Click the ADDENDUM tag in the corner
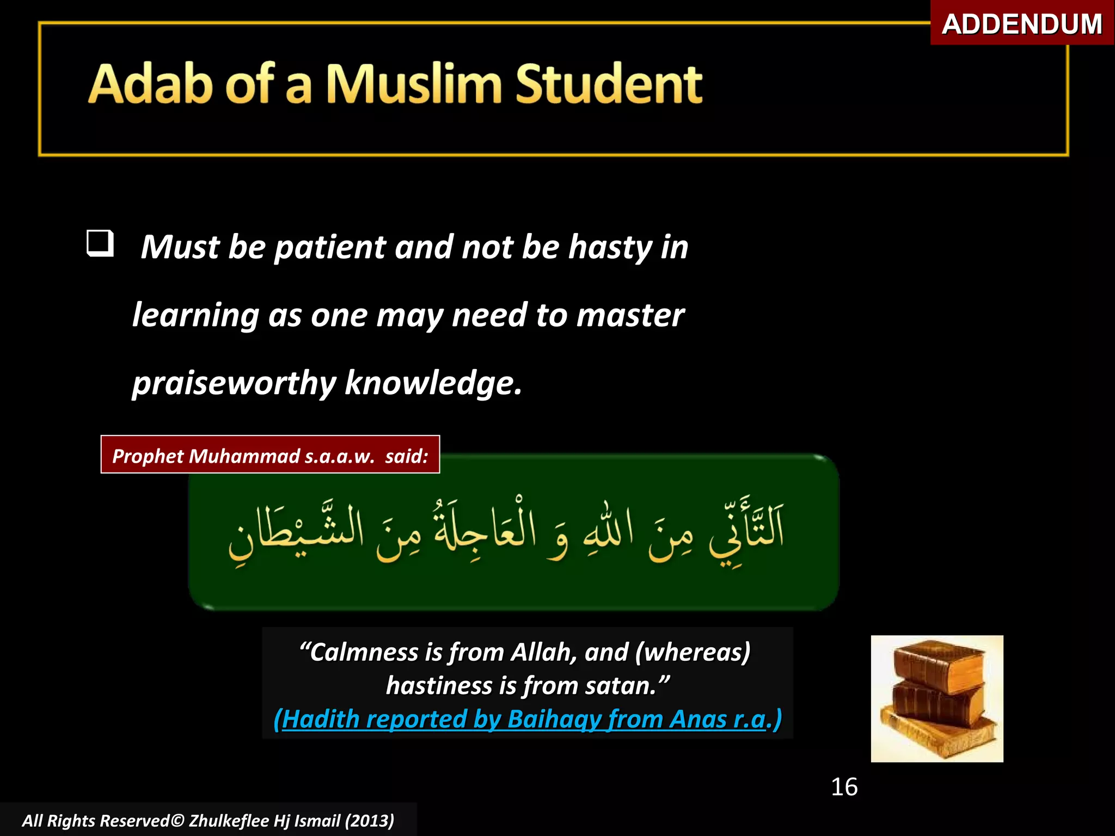point(1021,24)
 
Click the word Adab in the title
point(150,84)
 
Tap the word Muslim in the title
point(413,84)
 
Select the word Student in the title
point(608,84)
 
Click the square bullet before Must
point(100,243)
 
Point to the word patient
point(330,248)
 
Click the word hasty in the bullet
point(610,248)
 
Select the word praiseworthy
point(234,384)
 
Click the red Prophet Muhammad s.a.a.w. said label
point(270,455)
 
